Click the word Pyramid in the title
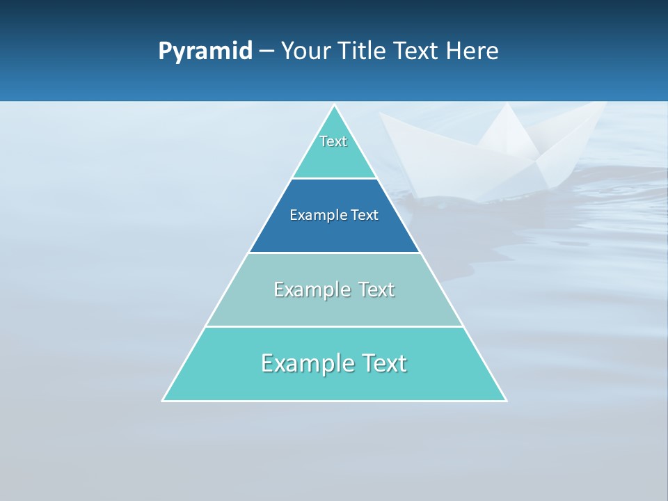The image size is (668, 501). tap(205, 51)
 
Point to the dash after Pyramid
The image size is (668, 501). tap(266, 51)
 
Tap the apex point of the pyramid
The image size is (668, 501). tap(334, 106)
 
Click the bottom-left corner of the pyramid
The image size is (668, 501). tap(164, 400)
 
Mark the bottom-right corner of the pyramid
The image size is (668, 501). tap(505, 400)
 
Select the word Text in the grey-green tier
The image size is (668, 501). tap(376, 289)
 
